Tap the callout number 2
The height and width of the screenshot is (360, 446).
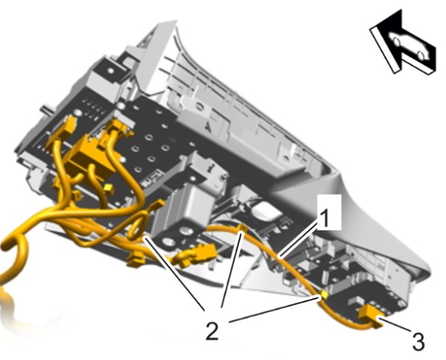coord(212,329)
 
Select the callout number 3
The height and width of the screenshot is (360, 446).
coord(418,341)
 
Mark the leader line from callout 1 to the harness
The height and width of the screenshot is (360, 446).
coord(299,239)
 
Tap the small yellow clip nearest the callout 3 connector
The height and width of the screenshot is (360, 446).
coord(324,295)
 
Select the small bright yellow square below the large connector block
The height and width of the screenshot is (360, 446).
coord(109,189)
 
